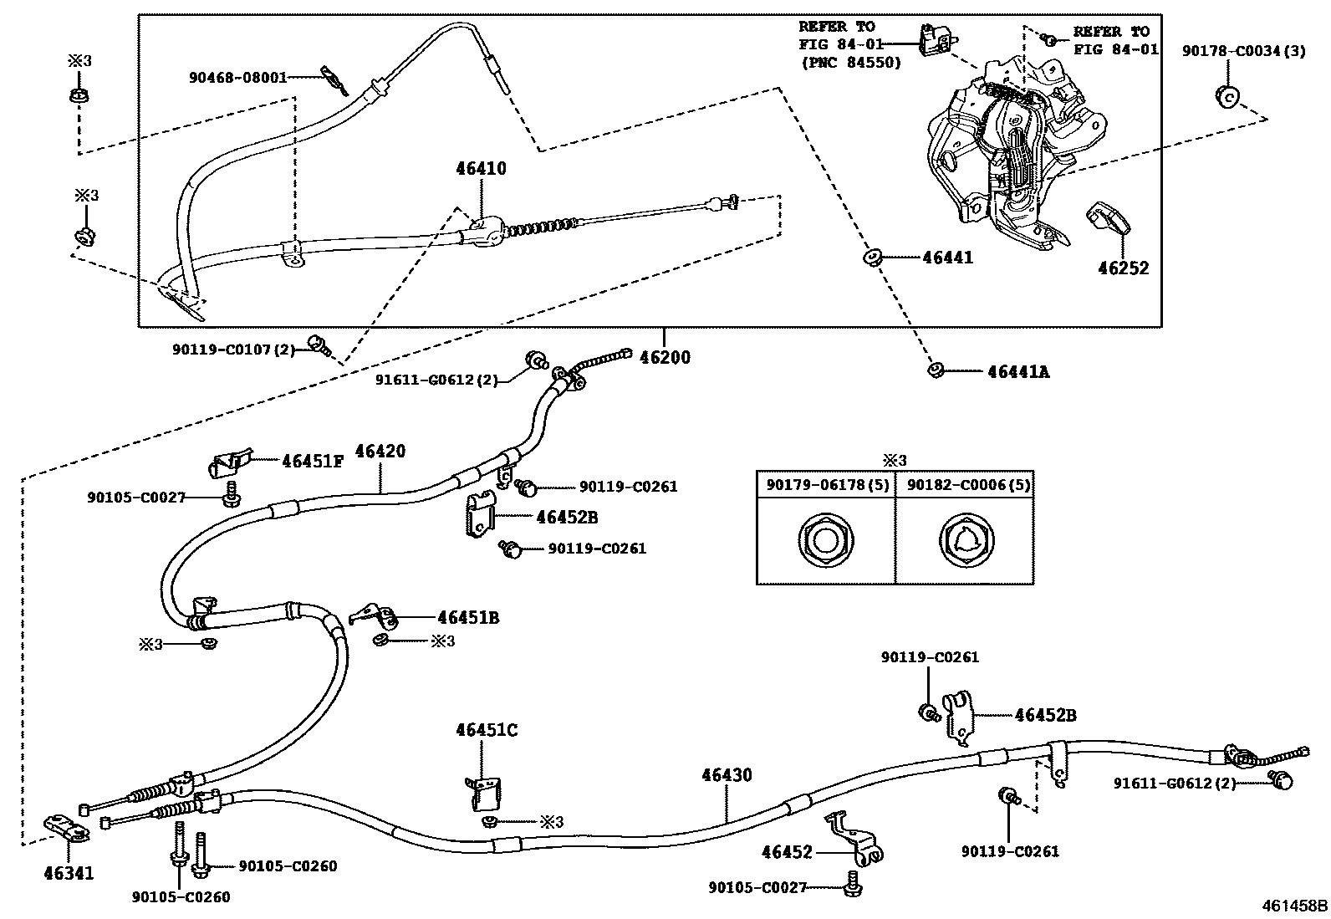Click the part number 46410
pyautogui.click(x=481, y=169)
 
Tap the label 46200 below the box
pyautogui.click(x=665, y=358)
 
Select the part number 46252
pyautogui.click(x=1123, y=268)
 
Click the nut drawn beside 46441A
pyautogui.click(x=935, y=370)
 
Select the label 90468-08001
pyautogui.click(x=237, y=78)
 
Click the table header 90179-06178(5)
pyautogui.click(x=824, y=485)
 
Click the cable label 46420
pyautogui.click(x=380, y=452)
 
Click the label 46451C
pyautogui.click(x=486, y=730)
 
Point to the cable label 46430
pyautogui.click(x=726, y=775)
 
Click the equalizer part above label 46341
pyautogui.click(x=67, y=829)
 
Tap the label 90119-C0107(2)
pyautogui.click(x=234, y=350)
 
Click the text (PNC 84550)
pyautogui.click(x=850, y=62)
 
